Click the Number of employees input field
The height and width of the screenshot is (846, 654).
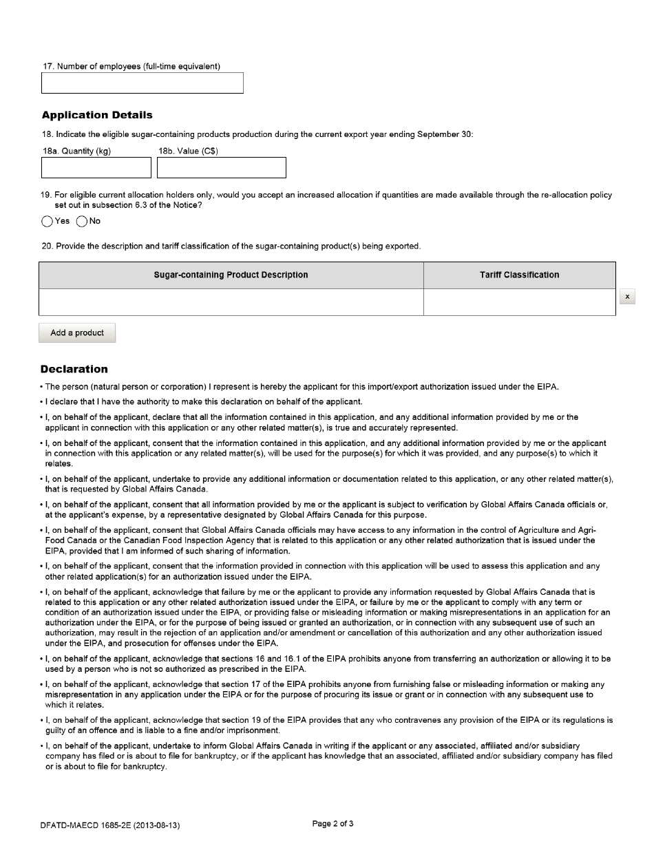coord(143,83)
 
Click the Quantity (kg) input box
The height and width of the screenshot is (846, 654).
coord(96,167)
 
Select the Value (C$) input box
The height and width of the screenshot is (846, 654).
coord(221,167)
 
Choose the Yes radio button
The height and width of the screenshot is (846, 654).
coord(48,222)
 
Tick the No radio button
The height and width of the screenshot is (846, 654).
coord(82,222)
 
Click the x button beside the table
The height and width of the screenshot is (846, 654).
coord(626,297)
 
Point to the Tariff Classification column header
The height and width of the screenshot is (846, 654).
coord(519,275)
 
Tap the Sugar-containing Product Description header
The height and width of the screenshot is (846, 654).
coord(231,275)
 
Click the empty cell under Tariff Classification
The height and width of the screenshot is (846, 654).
coord(519,302)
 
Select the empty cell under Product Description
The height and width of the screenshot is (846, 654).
coord(231,302)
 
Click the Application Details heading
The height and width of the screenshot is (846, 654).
coord(97,115)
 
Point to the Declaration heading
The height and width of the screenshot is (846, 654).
coord(74,369)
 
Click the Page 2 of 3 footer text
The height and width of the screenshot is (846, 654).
coord(333,823)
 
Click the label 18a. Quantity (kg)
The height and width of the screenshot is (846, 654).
coord(76,151)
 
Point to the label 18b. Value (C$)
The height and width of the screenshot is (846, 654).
coord(188,151)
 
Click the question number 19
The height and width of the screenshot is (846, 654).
coord(45,195)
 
